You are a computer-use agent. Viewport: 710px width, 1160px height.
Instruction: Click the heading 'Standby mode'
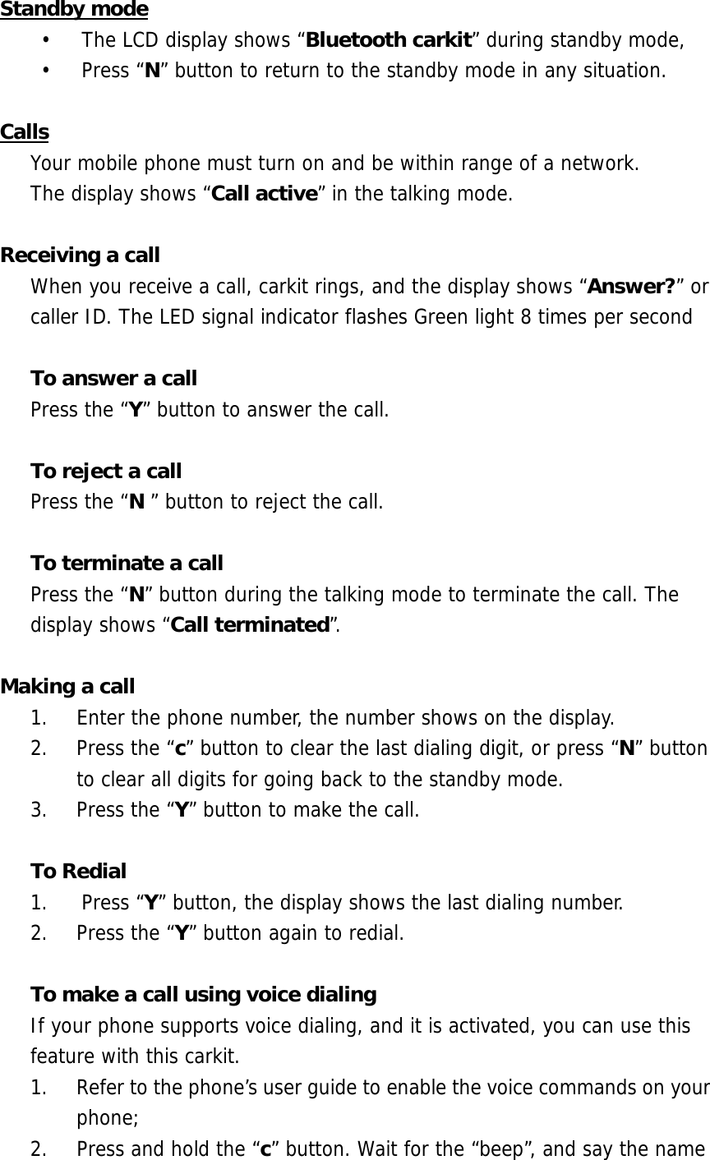tap(74, 10)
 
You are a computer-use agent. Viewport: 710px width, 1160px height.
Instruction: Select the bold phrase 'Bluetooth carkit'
tap(388, 40)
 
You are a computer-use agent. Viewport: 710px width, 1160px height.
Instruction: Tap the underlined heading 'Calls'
tap(25, 132)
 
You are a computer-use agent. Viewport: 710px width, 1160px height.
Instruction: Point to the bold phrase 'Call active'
tap(265, 195)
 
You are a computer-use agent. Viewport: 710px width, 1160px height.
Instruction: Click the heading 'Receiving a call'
tap(81, 255)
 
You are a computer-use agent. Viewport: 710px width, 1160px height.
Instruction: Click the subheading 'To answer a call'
tap(113, 379)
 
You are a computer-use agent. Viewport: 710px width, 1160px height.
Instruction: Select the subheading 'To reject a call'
tap(106, 472)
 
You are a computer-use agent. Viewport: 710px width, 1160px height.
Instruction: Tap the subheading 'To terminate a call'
tap(127, 564)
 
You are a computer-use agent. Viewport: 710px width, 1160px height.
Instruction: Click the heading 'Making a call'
tap(68, 687)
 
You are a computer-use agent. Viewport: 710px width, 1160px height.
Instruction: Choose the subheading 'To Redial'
tap(78, 872)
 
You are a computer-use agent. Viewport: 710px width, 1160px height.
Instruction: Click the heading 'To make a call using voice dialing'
tap(203, 995)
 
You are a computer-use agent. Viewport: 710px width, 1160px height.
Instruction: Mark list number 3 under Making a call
tap(38, 811)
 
